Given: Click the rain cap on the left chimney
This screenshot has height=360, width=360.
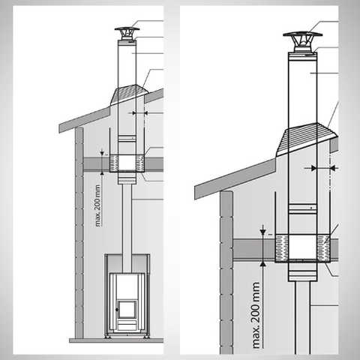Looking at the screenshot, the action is point(127,33).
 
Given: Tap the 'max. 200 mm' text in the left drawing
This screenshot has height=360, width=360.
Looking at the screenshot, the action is point(97,205).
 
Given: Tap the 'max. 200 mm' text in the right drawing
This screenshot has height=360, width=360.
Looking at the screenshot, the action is point(256,315).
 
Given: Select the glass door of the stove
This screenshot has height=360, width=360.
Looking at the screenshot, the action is point(127,310).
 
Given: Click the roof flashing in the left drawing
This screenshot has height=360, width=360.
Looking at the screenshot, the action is point(129,94).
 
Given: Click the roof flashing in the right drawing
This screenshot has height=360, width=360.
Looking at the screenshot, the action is point(307,139).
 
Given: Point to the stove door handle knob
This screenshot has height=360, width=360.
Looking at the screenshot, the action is point(116,310).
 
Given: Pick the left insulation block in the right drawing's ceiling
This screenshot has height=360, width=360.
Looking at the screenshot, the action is point(282,248).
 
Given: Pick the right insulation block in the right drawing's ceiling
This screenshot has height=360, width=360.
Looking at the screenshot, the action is point(324,248).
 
